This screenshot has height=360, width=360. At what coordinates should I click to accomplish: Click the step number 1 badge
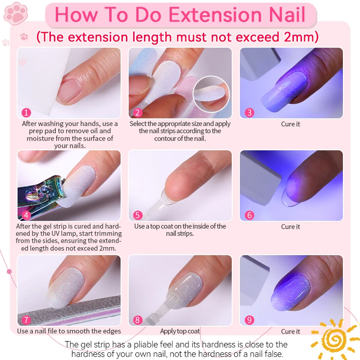coord(26,112)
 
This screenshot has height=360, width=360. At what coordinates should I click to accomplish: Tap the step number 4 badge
coord(26,215)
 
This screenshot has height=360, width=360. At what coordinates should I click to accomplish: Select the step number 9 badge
coord(249,320)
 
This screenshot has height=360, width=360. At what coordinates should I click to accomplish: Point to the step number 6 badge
coord(249,215)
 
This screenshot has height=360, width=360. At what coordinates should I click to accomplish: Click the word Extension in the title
coord(215,15)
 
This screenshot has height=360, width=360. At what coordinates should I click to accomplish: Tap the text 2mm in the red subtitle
coord(299,37)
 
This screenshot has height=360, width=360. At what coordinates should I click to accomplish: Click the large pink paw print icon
coord(16,13)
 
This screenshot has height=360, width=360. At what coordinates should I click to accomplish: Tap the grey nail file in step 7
coord(69,311)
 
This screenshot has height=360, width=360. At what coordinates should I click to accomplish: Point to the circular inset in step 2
coord(211,94)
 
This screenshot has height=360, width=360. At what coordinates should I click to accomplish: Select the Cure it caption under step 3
coord(290,124)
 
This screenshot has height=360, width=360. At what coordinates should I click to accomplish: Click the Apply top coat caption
coord(180,331)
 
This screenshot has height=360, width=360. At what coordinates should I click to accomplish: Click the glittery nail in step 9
coord(290,292)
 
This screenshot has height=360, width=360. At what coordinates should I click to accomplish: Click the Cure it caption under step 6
coord(290,227)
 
